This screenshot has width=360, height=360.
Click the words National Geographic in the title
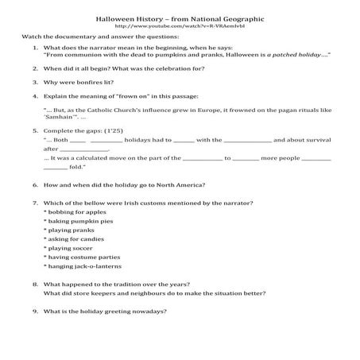point(223,17)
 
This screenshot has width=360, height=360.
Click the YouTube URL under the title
point(180,25)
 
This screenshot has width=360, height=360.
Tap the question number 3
point(37,82)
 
